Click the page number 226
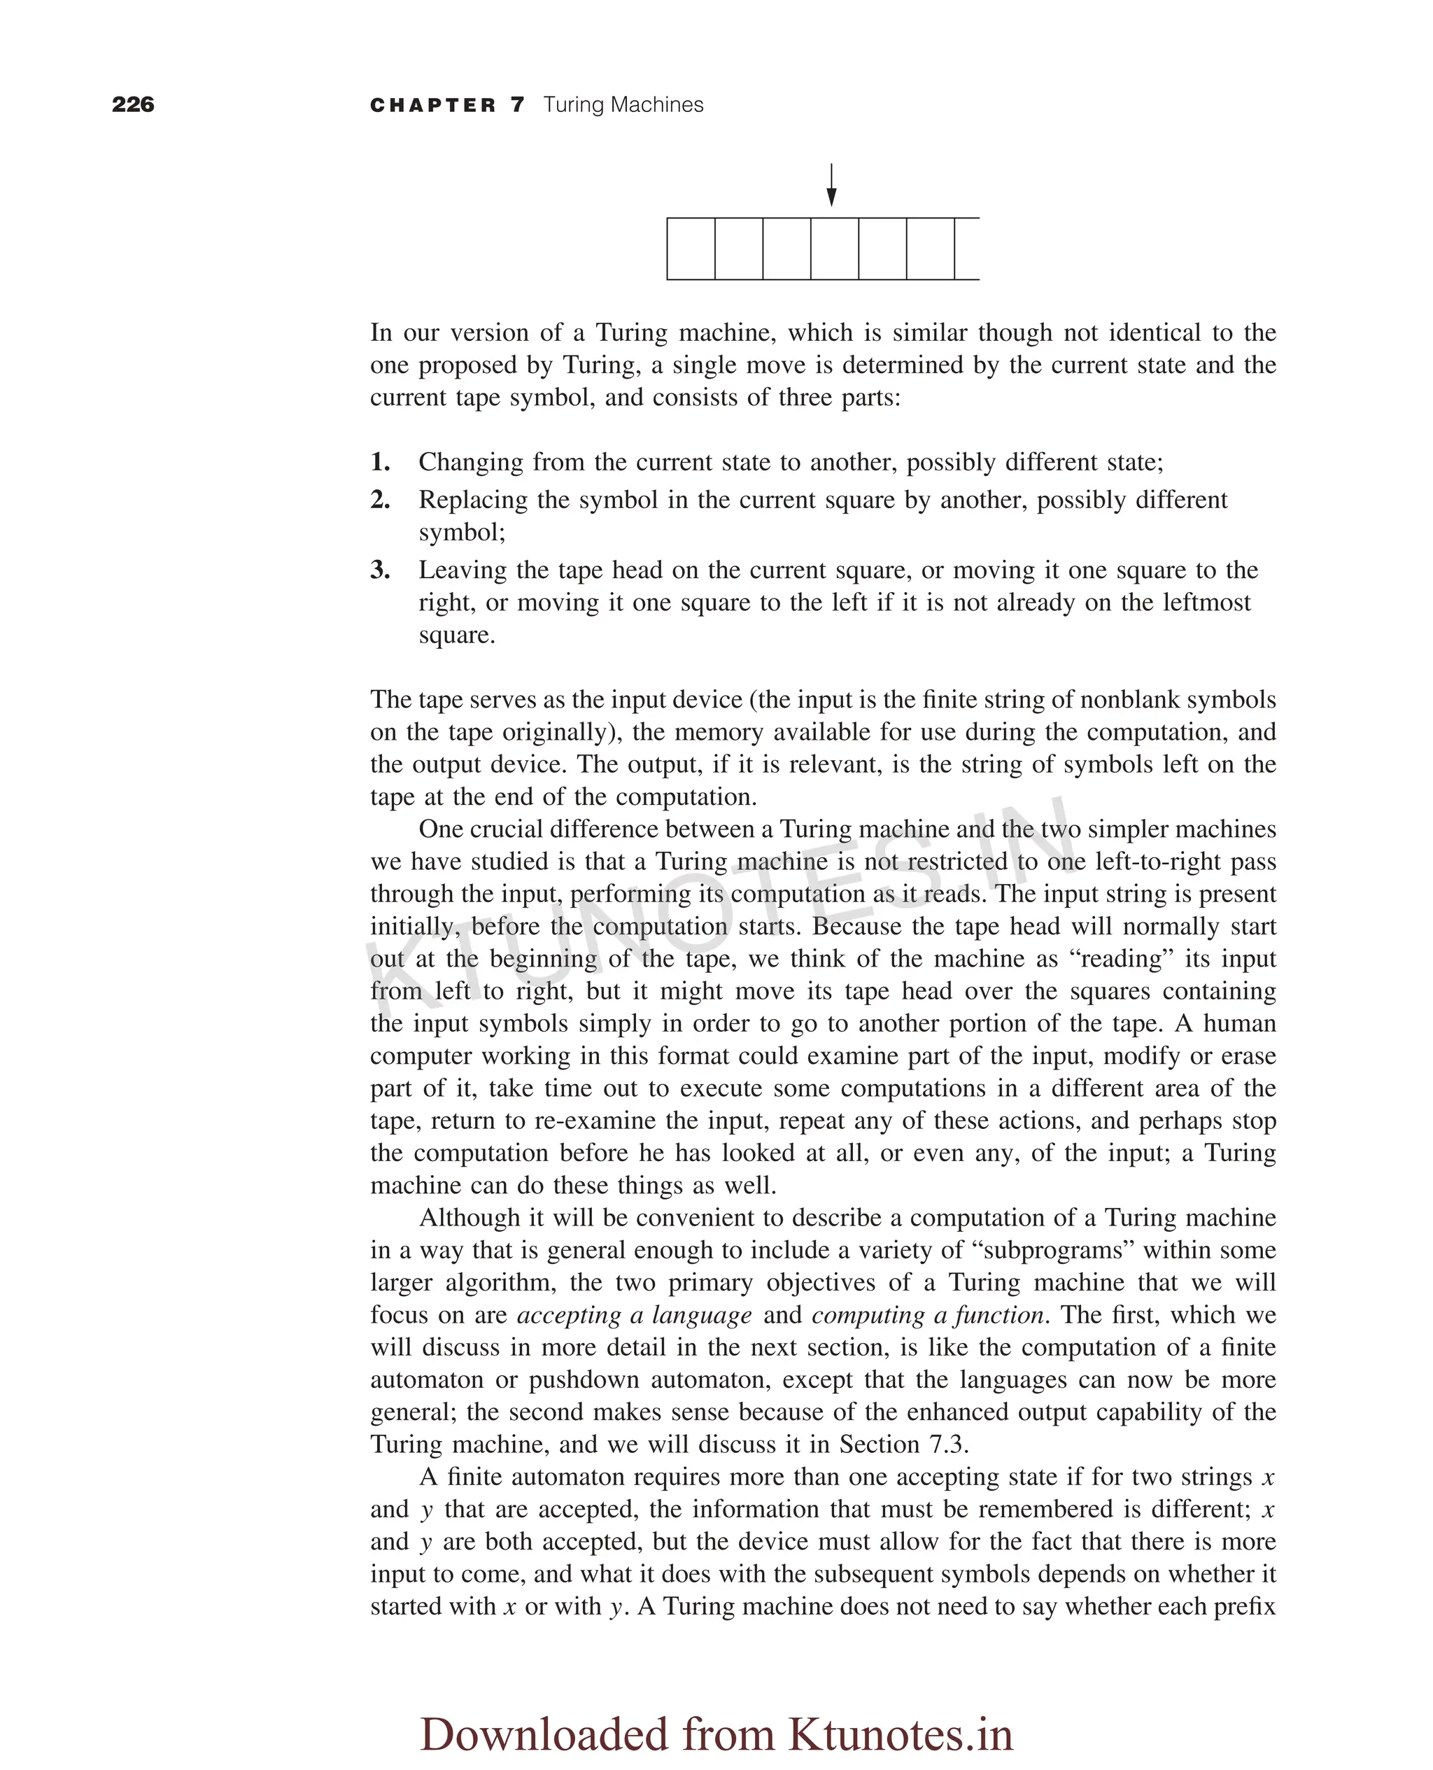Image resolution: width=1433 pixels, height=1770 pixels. click(x=133, y=104)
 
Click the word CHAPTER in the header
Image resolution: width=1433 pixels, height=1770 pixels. click(x=433, y=105)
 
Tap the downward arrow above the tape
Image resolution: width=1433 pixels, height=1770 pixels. click(x=831, y=185)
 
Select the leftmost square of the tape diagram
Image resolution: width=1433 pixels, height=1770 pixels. click(x=691, y=248)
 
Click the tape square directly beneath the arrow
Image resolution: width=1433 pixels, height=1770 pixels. click(x=835, y=248)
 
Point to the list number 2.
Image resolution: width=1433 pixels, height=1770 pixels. click(x=380, y=500)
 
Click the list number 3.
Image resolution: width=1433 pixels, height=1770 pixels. click(x=380, y=570)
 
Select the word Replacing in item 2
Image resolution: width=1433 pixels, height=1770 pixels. click(x=473, y=500)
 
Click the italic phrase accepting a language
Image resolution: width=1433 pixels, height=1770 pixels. click(x=634, y=1314)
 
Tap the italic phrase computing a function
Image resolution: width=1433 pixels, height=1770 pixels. click(x=929, y=1314)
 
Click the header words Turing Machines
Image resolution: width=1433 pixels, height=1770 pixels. click(x=623, y=105)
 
